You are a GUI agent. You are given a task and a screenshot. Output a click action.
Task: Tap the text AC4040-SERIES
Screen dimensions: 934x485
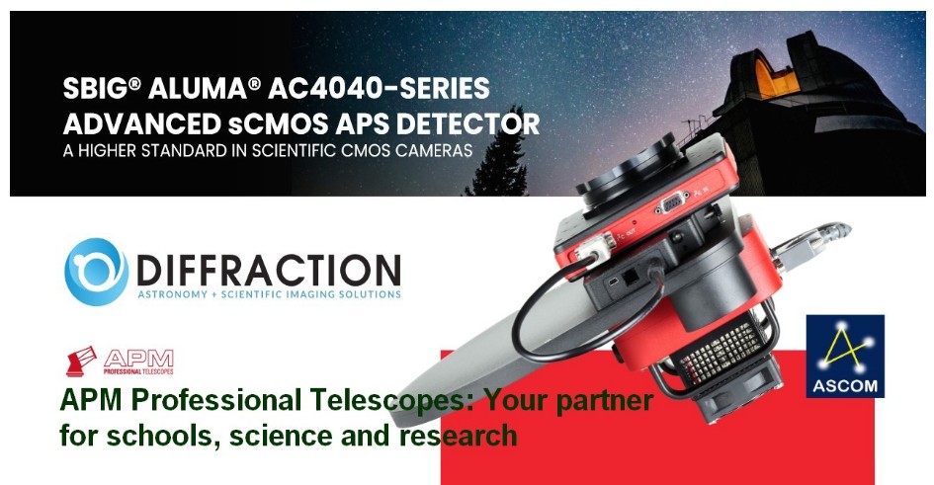[x=379, y=89]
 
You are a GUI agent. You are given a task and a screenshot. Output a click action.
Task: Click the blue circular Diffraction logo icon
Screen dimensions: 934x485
[x=96, y=272]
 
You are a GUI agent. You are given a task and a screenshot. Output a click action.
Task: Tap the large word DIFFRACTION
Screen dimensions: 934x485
[x=269, y=271]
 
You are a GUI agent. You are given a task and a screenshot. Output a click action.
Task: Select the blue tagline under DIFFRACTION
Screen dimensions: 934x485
[x=269, y=294]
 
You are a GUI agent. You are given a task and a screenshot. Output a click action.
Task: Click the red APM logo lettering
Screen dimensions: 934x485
[x=138, y=360]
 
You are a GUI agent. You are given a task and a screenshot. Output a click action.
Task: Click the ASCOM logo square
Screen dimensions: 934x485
[x=845, y=356]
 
